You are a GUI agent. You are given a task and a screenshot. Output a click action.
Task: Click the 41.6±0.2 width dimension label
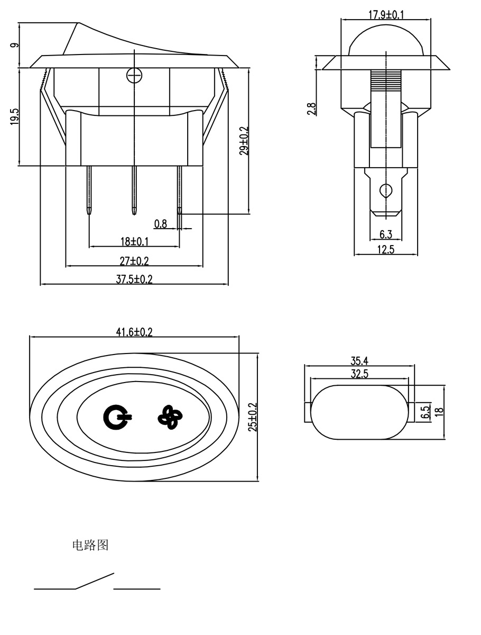pos(134,332)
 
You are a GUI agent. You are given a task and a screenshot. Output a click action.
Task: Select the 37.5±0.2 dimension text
pos(134,279)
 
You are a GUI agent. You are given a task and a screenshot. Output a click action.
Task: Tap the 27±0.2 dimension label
pos(134,260)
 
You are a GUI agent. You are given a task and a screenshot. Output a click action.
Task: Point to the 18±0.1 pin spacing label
pos(134,241)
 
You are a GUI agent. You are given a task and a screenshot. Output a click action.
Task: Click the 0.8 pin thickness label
pos(161,224)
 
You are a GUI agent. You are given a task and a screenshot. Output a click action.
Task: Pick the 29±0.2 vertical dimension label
pos(243,140)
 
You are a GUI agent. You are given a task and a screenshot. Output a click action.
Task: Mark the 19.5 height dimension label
pos(14,116)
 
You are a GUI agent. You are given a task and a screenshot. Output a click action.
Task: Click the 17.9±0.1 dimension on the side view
pos(385,15)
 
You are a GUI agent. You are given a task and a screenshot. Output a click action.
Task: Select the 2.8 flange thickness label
pos(311,108)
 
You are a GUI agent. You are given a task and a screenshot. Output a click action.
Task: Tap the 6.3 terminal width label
pos(386,234)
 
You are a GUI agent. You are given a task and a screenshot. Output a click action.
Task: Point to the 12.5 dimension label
pos(386,250)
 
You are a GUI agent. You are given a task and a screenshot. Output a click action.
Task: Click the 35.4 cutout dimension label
pos(359,361)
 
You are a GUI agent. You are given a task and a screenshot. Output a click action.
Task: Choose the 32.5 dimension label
pos(359,374)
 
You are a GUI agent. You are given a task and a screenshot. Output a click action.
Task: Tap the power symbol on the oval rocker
pos(116,418)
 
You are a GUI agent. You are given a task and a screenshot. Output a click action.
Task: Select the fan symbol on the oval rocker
pos(169,418)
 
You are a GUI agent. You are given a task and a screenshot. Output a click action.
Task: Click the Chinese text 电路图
pos(90,545)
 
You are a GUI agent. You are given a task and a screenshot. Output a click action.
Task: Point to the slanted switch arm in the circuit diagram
pos(95,580)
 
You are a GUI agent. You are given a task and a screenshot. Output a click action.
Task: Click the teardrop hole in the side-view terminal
pos(386,189)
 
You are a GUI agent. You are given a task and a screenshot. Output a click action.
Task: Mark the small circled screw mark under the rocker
pos(135,76)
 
